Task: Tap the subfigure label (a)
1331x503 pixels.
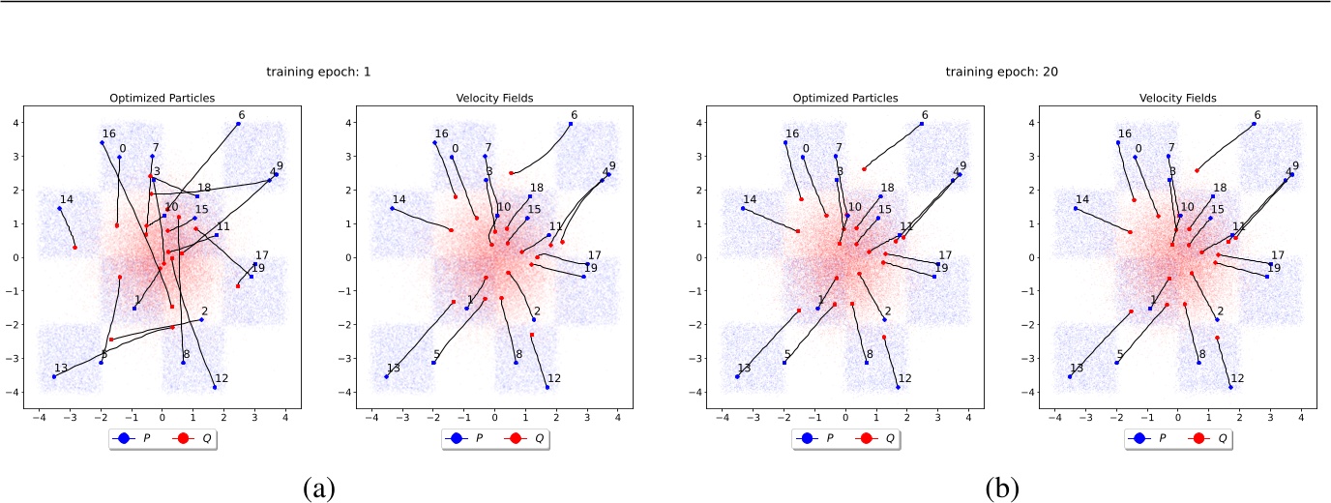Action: [x=319, y=489]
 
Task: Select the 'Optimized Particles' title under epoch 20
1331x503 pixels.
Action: [x=845, y=98]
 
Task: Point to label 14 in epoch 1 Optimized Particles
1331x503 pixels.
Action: [x=67, y=199]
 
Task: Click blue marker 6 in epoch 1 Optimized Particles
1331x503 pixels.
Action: [x=238, y=124]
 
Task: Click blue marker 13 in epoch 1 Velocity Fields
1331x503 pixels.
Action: [x=387, y=376]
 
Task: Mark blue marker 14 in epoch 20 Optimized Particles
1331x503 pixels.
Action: [x=743, y=208]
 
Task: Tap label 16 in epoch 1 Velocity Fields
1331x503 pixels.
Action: [x=441, y=134]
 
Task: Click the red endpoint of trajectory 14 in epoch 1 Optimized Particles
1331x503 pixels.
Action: [x=74, y=248]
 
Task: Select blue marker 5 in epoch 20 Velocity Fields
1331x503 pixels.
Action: [x=1116, y=363]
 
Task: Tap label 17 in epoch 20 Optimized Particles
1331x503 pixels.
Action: [x=946, y=255]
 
